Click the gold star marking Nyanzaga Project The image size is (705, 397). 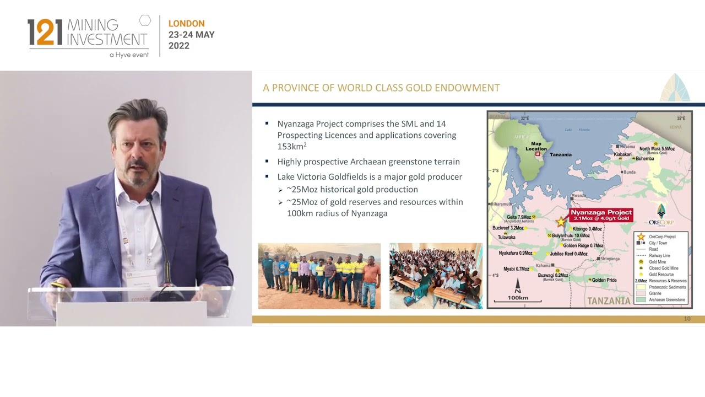pos(561,222)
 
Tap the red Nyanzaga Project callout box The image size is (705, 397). pos(601,215)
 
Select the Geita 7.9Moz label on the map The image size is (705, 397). pos(519,217)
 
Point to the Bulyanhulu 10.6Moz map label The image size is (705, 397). pos(571,236)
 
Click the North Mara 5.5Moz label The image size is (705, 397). pos(657,149)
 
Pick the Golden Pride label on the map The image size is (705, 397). pos(604,280)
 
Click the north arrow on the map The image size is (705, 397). pos(518,285)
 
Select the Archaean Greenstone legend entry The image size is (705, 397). pos(666,300)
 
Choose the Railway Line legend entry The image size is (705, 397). pos(659,256)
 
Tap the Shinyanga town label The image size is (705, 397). pos(610,259)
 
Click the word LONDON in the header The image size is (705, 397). pos(186,24)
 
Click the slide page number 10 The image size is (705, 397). pos(687,319)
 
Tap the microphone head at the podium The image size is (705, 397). pos(149,197)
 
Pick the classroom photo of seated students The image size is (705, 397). pos(436,276)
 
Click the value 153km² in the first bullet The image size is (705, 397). pos(291,147)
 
